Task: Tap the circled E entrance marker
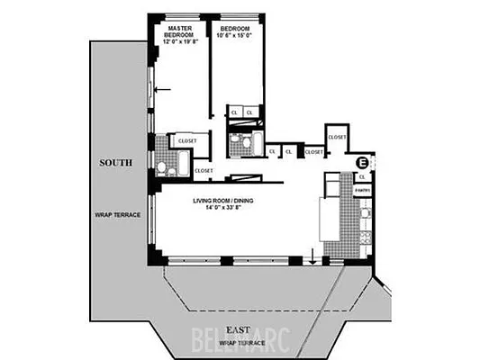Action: (362, 163)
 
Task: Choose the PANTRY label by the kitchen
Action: (363, 191)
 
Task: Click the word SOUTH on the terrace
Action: (117, 163)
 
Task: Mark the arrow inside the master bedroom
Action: (162, 89)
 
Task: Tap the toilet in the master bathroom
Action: (162, 168)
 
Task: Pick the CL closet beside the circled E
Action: (362, 177)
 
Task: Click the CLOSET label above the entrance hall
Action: (338, 137)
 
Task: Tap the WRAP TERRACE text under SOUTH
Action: (115, 215)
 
